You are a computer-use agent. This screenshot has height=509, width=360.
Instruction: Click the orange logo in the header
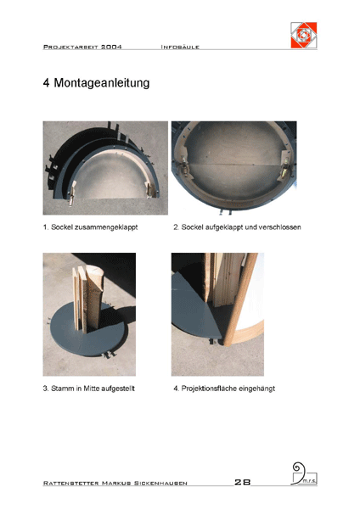point(304,35)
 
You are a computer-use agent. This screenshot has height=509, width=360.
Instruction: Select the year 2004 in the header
point(111,47)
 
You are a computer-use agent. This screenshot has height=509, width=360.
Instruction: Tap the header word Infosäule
point(180,47)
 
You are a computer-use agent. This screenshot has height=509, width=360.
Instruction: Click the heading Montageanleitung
point(102,83)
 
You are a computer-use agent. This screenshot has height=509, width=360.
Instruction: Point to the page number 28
point(242,482)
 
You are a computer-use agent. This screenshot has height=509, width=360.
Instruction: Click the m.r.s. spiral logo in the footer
point(304,473)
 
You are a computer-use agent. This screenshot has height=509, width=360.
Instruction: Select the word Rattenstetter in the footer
point(70,484)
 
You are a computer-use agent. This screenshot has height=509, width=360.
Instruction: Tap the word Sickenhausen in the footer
point(160,484)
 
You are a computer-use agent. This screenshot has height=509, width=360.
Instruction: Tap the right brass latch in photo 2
point(284,166)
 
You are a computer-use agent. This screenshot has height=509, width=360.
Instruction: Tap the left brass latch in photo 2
point(184,165)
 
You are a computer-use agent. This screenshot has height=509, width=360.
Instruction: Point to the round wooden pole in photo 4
point(240,299)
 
